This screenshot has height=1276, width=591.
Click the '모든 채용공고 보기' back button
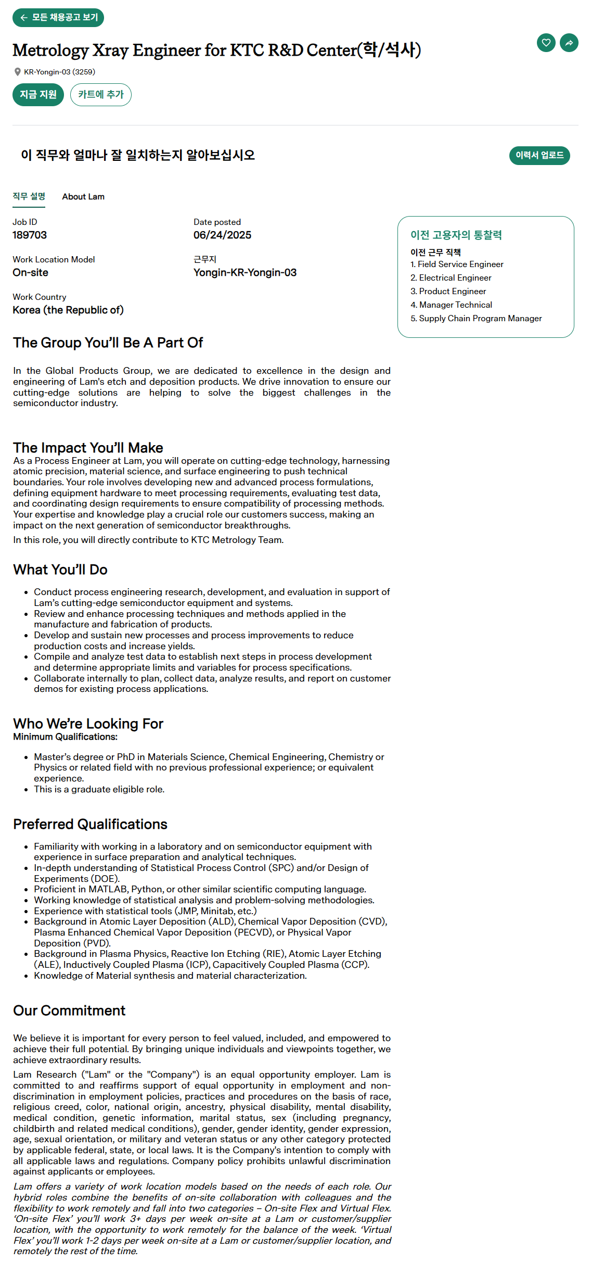pyautogui.click(x=58, y=18)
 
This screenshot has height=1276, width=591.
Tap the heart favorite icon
pyautogui.click(x=546, y=43)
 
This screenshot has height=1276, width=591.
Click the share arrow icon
pyautogui.click(x=569, y=43)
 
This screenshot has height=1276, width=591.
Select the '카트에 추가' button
pyautogui.click(x=101, y=95)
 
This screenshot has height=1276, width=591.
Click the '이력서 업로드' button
pyautogui.click(x=539, y=155)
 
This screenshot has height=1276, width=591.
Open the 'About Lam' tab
pyautogui.click(x=83, y=197)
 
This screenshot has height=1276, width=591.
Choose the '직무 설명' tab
pyautogui.click(x=29, y=197)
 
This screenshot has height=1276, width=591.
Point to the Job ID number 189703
pyautogui.click(x=30, y=235)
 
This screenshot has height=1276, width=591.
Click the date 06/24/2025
pyautogui.click(x=222, y=235)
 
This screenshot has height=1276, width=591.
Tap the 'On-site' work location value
pyautogui.click(x=31, y=273)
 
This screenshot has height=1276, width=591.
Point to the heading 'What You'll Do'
pyautogui.click(x=60, y=570)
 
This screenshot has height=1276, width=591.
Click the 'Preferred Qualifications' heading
pyautogui.click(x=91, y=824)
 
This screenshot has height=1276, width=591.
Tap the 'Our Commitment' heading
pyautogui.click(x=69, y=1010)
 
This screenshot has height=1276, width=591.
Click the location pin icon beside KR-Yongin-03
pyautogui.click(x=18, y=72)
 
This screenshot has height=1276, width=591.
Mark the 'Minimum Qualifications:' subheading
pyautogui.click(x=66, y=737)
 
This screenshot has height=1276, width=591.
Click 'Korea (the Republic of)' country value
pyautogui.click(x=68, y=310)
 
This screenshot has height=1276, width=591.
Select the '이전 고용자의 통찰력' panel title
pyautogui.click(x=456, y=235)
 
